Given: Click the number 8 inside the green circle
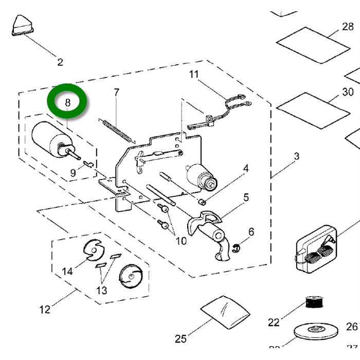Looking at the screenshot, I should [x=68, y=102].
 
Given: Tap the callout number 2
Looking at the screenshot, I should [x=60, y=62].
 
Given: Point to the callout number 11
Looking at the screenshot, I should [x=193, y=74].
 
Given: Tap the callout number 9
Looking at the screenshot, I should [x=73, y=173].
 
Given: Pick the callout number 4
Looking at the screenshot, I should [x=246, y=168].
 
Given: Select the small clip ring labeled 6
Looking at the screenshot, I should [x=236, y=248].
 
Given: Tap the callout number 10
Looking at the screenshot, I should [x=181, y=240].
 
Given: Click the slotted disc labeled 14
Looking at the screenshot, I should [x=92, y=250].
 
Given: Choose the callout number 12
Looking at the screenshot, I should [x=45, y=310].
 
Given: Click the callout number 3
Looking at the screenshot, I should [x=297, y=156].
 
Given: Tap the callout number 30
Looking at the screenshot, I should [x=348, y=92].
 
